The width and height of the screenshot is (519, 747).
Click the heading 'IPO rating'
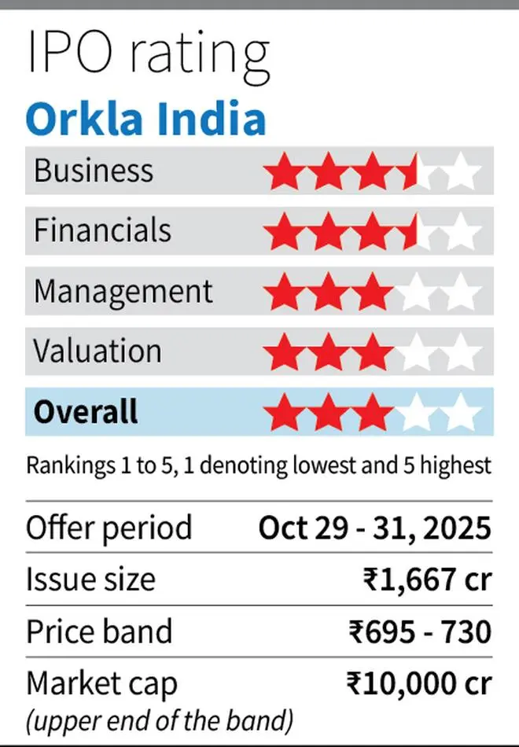[148, 53]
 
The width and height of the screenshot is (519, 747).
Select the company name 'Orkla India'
[145, 119]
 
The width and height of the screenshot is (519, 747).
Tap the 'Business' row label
[93, 171]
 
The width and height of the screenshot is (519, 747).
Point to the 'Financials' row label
[101, 230]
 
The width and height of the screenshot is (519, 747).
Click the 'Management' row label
[123, 291]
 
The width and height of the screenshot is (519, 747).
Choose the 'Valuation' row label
[97, 351]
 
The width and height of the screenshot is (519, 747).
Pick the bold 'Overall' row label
[86, 411]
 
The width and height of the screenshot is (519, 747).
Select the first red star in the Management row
[284, 293]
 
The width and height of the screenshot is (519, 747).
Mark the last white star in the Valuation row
[462, 352]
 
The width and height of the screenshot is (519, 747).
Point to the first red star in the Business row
[284, 171]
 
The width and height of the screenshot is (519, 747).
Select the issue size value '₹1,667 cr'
[427, 580]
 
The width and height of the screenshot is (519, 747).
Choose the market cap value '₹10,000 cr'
[418, 684]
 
